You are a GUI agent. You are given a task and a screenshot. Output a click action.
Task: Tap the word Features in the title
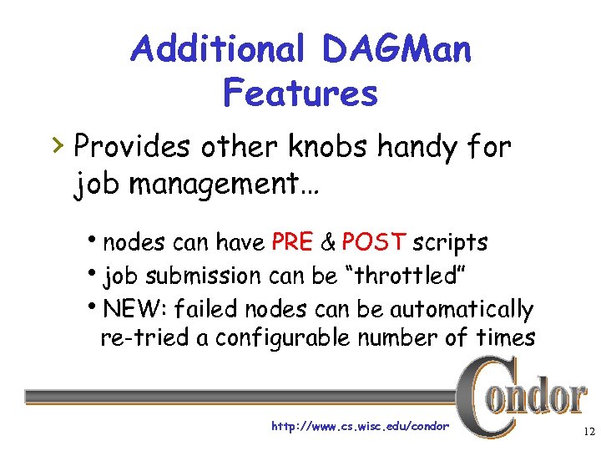pos(300,94)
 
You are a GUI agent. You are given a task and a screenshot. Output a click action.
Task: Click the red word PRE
pos(292,243)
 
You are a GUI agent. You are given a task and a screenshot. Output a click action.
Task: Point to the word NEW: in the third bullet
pos(134,310)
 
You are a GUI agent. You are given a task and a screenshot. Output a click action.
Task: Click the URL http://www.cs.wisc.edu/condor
pos(361,427)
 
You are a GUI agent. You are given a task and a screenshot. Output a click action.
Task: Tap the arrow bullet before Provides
pos(58,147)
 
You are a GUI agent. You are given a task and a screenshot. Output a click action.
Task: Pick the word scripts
pos(451,243)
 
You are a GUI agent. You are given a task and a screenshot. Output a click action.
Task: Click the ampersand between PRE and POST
pos(329,243)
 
